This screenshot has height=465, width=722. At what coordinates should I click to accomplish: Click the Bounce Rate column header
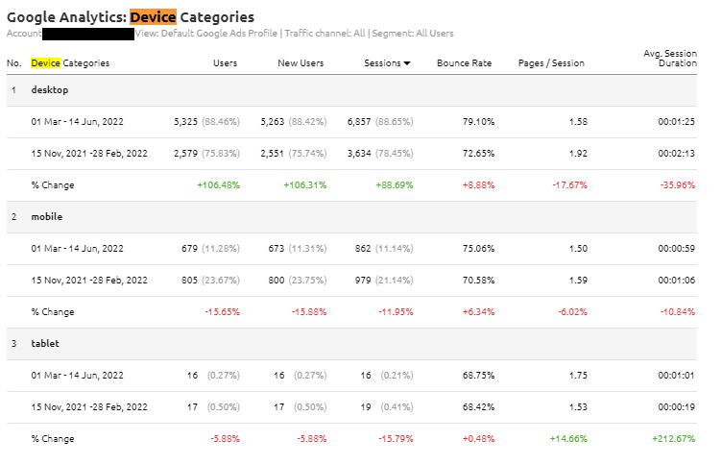pos(464,63)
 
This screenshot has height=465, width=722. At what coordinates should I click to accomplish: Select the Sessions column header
pos(382,63)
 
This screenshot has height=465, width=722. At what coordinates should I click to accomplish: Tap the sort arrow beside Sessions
pos(407,63)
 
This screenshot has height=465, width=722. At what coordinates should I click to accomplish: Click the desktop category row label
pos(50,90)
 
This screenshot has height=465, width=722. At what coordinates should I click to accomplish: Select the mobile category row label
pos(46,217)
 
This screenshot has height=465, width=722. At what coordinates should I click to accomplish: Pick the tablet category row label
pos(45,344)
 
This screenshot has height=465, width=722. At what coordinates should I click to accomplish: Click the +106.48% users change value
pos(218,185)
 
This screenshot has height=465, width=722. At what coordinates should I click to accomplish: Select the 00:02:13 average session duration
pos(677,154)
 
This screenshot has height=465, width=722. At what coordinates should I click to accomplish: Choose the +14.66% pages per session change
pos(566,439)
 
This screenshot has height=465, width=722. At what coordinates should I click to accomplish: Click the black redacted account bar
pos(88,34)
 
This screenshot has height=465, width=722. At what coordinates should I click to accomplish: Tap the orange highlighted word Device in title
pos(153,16)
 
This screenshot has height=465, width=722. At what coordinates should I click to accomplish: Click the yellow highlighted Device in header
pos(44,63)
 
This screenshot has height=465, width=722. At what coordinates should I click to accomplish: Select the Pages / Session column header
pos(550,63)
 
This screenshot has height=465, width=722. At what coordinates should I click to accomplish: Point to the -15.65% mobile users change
pos(221,312)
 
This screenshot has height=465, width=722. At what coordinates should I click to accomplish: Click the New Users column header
pos(301,63)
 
